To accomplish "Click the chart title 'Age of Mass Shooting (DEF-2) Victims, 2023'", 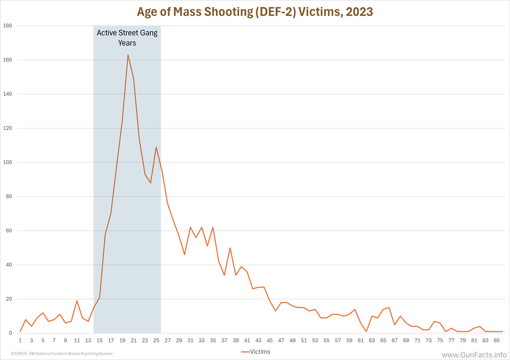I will point(255,11).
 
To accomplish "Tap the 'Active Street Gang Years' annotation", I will point(127,38).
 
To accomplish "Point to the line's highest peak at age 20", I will point(128,55).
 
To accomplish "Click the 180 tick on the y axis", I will point(8,26).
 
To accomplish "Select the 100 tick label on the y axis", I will point(8,162).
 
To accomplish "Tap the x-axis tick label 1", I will point(20,340).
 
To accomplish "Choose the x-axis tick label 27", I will point(167,340).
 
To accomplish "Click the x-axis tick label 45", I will point(270,340).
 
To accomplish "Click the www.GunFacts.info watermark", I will point(473,354).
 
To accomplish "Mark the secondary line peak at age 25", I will point(156,147).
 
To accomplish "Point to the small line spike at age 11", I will point(77,301).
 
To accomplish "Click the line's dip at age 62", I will point(366,332).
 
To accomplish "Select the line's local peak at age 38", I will point(230,248).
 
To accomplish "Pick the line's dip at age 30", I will point(184,255).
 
